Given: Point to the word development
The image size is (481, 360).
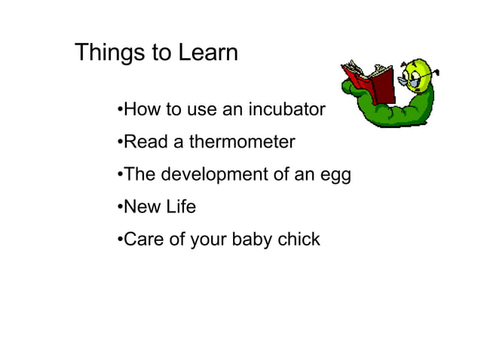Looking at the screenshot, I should click(215, 175).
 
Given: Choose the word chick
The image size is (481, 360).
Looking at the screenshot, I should click(299, 239).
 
